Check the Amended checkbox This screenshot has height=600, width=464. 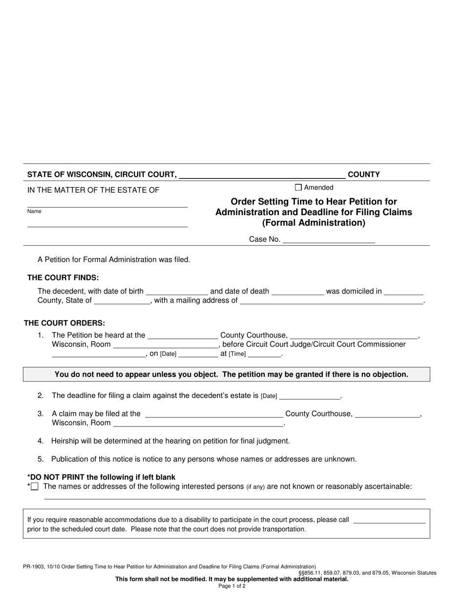coord(298,187)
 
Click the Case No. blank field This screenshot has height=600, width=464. coord(329,240)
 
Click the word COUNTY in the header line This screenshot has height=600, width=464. coord(363,174)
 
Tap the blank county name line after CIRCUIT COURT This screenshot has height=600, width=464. coord(262,175)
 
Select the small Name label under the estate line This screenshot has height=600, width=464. coord(34,211)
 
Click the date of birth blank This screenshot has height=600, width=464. coord(177,292)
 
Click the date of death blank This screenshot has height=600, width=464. coord(297,292)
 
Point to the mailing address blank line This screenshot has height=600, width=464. coord(332,301)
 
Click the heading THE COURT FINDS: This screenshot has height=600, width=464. coord(63,278)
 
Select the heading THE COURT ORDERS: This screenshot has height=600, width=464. coord(64,323)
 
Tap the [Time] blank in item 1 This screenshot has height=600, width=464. coord(265,354)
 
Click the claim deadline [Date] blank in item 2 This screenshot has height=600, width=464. coord(309,396)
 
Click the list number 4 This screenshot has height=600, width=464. coord(41,441)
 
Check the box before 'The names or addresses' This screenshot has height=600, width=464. coord(35,486)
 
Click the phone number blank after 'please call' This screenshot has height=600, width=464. coord(389,520)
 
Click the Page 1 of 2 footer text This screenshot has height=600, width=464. coord(232,586)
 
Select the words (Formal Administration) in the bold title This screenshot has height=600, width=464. coord(314,223)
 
